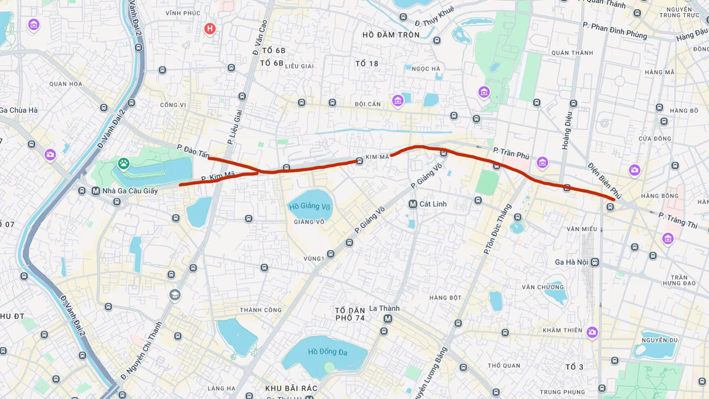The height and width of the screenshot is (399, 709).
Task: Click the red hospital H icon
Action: coord(210,29)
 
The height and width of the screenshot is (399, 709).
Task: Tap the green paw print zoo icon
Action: coord(123,163)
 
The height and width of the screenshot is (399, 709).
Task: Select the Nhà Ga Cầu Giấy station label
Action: coord(130,191)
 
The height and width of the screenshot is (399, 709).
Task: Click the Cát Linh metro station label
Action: coord(433,204)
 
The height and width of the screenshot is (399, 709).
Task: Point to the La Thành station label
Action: coord(384,309)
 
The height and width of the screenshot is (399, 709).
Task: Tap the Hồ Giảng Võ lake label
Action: coord(310,206)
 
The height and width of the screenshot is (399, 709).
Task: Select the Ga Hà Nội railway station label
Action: coord(571,262)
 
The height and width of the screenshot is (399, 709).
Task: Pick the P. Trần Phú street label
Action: coord(511,153)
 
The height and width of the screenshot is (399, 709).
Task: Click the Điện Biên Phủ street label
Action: coord(604,181)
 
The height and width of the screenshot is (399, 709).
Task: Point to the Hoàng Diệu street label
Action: coord(567,131)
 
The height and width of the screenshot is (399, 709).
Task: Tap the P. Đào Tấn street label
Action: coord(193,151)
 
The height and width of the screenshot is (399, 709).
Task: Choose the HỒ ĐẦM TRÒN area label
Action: coord(391,35)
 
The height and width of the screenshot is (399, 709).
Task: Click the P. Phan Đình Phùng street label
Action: coord(615,31)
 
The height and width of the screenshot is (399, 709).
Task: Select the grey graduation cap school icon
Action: coord(175,295)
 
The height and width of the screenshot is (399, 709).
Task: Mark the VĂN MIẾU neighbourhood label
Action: coord(581,229)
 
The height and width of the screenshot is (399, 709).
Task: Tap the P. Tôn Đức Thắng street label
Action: coord(497,228)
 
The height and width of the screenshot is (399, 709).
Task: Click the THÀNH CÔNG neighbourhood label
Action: coord(261,310)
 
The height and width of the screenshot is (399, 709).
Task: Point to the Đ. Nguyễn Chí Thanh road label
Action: coord(141,350)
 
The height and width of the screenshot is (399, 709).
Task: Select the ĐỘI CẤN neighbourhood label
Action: coord(368,104)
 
